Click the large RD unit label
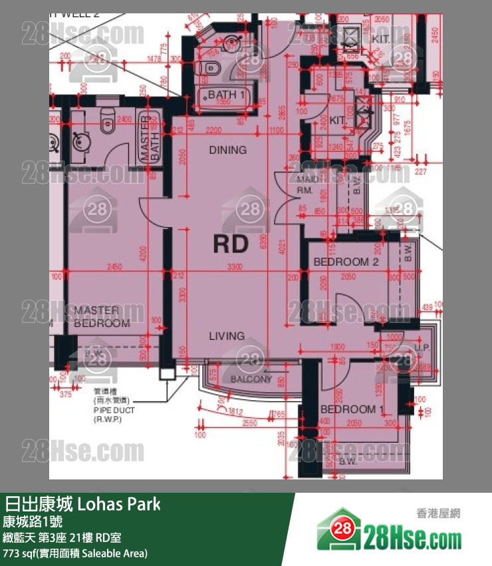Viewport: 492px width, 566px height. pos(231,244)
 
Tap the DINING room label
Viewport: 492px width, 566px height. pos(228,150)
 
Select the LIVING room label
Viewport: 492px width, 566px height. pos(227,336)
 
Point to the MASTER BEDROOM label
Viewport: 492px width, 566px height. pos(102,317)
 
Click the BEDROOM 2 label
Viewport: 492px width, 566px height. pos(346,262)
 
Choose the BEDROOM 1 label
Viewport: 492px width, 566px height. pos(352,409)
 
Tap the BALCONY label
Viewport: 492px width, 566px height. pos(251,379)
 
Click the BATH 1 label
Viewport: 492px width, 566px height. pos(227,95)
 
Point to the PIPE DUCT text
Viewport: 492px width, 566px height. pos(114,411)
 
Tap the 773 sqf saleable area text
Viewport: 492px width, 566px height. pos(75,553)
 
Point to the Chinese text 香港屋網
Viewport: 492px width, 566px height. pos(438,513)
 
